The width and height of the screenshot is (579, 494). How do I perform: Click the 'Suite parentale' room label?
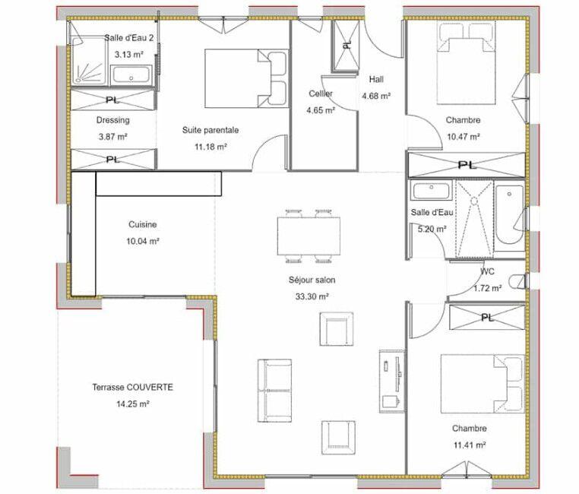tap(210, 130)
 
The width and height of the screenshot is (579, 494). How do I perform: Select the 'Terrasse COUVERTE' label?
tap(133, 387)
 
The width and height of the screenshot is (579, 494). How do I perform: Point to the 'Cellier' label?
tap(320, 93)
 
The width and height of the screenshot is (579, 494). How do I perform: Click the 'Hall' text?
tap(376, 79)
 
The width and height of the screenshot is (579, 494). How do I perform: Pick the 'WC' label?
tap(487, 271)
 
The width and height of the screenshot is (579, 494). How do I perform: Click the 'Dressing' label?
tap(112, 120)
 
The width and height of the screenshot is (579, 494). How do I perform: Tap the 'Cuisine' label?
tap(142, 225)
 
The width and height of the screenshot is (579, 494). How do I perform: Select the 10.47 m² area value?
tap(463, 137)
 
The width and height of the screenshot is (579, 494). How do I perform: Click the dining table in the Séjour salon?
tap(308, 236)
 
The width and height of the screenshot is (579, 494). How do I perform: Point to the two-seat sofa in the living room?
tap(275, 390)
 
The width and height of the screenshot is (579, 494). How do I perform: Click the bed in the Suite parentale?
tap(245, 78)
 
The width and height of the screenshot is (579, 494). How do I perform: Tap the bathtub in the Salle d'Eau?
tap(509, 216)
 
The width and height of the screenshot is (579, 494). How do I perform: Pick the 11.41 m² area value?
tap(469, 445)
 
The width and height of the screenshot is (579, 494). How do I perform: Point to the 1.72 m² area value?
tap(487, 288)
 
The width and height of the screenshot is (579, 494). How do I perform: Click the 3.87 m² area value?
tap(112, 137)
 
